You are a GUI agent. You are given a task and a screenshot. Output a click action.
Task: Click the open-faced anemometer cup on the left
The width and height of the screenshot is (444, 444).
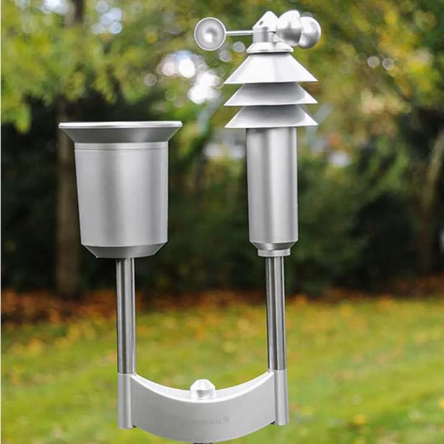click(x=210, y=34)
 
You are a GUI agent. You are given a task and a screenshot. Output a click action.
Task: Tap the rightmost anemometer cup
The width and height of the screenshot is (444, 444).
click(x=310, y=32)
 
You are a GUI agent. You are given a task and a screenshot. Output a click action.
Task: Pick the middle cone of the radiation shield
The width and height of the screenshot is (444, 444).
click(x=271, y=95)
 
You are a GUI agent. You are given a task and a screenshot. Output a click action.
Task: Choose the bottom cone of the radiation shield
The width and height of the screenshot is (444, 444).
click(x=271, y=117)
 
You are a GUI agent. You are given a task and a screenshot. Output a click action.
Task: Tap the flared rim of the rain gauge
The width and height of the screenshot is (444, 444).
click(x=121, y=131)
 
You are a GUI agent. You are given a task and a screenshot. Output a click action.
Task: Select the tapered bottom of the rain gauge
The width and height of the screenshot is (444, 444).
click(x=123, y=250)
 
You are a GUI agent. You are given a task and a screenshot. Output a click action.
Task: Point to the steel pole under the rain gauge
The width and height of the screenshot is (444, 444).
click(x=126, y=314)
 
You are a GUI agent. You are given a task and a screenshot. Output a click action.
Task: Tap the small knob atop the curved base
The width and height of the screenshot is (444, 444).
click(x=202, y=388)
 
